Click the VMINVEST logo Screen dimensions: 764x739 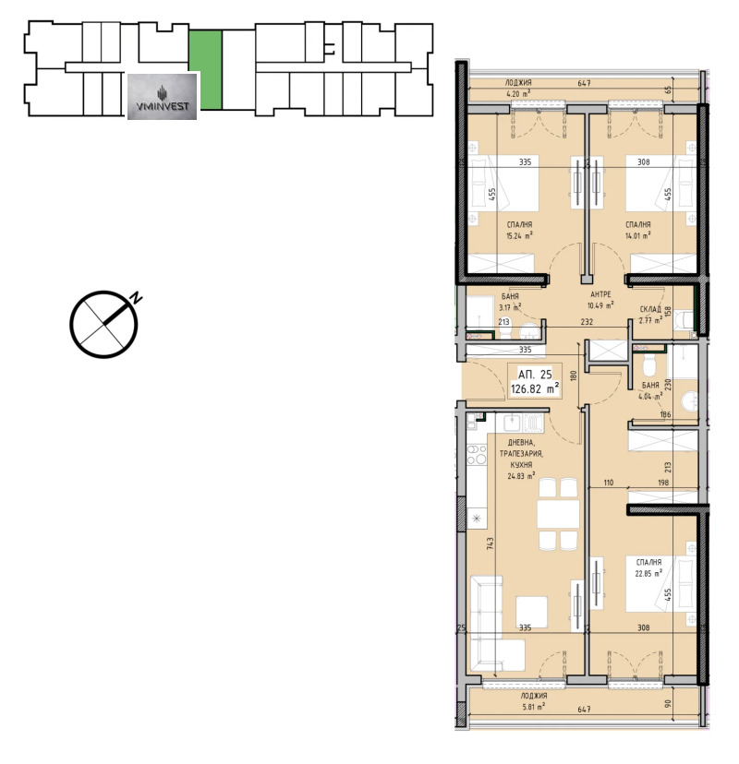point(162,96)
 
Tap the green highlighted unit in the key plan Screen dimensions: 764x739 point(206,69)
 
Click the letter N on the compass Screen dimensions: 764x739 point(136,297)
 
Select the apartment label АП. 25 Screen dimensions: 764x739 point(534,376)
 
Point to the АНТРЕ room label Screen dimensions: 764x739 point(601,295)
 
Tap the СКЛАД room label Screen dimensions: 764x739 point(650,311)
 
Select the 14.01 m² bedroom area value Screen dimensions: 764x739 point(638,235)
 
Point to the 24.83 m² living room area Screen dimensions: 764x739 point(524,476)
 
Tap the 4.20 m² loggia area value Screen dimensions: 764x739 point(517,93)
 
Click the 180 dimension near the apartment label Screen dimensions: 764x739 point(574,376)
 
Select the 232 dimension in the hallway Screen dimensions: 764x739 point(586,322)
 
